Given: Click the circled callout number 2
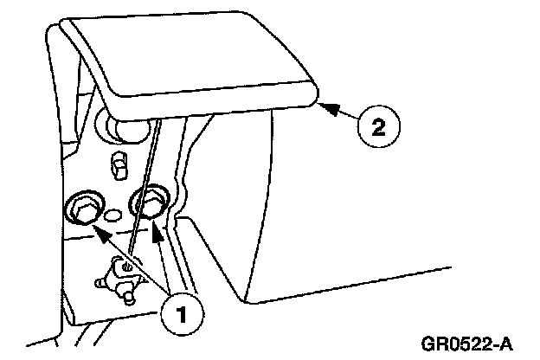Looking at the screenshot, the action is coord(378,127).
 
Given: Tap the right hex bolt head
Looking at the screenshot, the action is coord(148,204).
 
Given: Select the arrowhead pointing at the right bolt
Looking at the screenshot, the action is coord(157,228).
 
